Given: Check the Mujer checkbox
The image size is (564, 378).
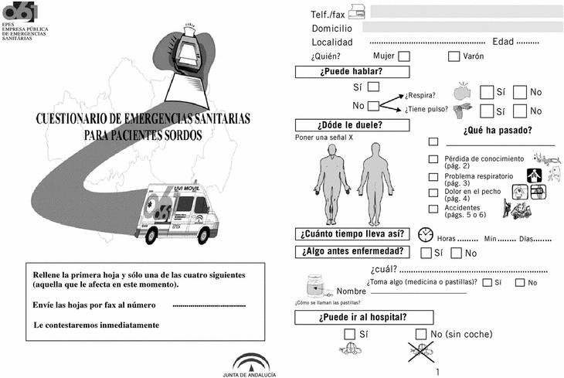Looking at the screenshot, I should (404, 56).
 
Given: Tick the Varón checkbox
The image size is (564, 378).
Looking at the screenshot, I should (454, 56).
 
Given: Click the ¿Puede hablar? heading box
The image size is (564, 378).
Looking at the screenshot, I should (351, 72).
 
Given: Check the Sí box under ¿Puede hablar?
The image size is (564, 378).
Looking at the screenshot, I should (374, 87).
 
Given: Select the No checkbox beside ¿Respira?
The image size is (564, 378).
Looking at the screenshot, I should (520, 92).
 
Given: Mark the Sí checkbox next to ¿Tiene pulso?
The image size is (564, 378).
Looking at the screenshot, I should (487, 111).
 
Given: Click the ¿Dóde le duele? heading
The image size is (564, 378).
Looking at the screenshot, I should (351, 126).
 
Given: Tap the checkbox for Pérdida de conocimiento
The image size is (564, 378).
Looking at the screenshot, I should (433, 159).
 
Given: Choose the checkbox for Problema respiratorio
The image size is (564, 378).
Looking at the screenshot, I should (433, 177).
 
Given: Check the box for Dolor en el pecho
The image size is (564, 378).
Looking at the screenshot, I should (433, 192).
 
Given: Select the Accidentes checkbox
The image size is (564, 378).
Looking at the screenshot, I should (433, 209).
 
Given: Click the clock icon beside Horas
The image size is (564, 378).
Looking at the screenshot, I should (424, 235).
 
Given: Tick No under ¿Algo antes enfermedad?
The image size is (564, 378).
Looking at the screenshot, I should (456, 253).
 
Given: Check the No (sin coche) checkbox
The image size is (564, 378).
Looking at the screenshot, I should (421, 334).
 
